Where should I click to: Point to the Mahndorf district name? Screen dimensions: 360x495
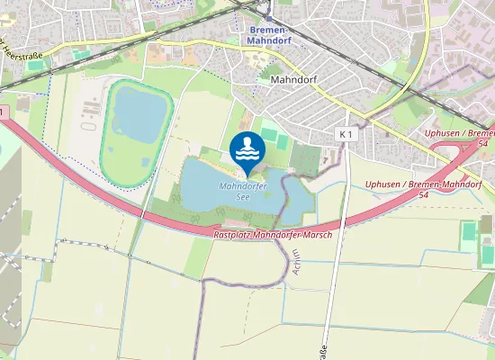click(x=293, y=79)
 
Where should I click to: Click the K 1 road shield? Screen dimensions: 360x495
click(x=346, y=134)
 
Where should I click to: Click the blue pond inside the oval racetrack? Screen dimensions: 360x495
click(x=139, y=118)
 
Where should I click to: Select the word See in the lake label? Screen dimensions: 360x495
click(x=242, y=195)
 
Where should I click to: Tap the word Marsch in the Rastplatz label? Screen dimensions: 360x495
click(x=317, y=234)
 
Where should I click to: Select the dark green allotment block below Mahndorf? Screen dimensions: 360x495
click(x=306, y=159)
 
